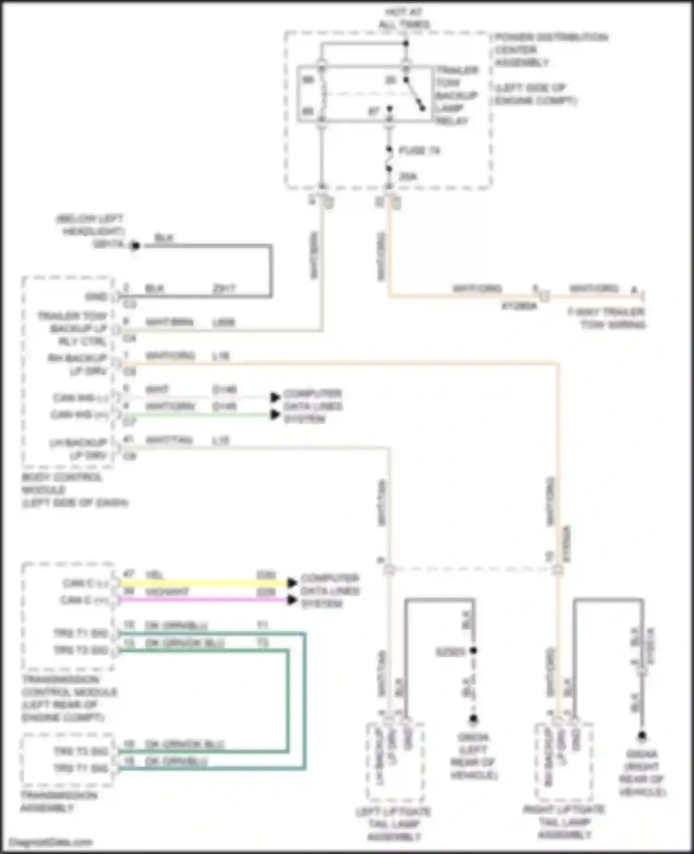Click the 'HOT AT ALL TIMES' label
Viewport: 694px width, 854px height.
404,19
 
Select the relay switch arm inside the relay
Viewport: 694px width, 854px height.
415,94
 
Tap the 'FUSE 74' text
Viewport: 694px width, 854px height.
419,150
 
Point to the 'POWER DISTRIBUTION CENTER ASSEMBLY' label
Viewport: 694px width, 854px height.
551,50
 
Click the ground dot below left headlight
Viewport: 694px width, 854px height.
135,246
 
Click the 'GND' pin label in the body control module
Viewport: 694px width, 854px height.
96,297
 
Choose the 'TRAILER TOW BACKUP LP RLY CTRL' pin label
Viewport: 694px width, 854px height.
74,329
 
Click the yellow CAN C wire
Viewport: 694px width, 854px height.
204,583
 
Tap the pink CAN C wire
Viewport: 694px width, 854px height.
204,600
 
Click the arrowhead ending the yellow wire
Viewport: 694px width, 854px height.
291,583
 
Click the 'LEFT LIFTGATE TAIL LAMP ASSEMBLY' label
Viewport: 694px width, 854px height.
394,824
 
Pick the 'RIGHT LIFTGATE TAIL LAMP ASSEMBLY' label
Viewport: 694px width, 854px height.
564,822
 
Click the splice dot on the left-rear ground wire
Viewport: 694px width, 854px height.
473,651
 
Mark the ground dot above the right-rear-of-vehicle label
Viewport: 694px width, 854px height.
642,736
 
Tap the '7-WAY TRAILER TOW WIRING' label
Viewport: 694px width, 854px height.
606,318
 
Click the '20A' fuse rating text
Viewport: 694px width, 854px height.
408,176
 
